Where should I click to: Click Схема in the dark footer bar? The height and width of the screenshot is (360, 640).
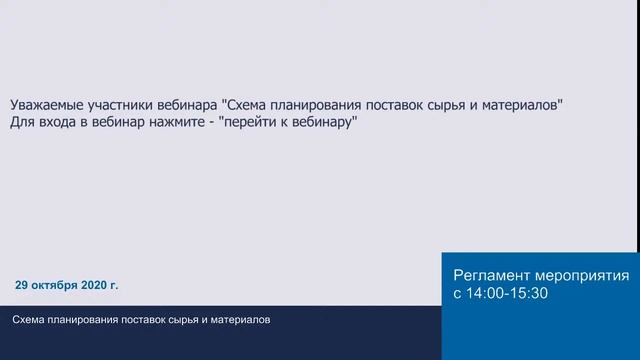click(29, 320)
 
